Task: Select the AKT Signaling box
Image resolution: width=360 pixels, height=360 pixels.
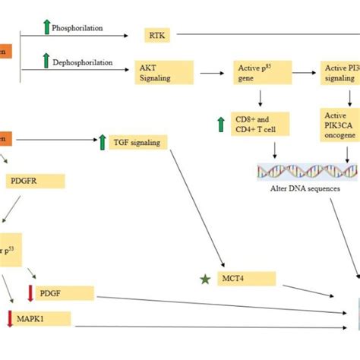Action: (163, 72)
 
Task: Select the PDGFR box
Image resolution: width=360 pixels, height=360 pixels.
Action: (34, 182)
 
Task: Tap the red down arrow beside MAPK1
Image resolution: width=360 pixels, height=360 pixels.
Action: (11, 318)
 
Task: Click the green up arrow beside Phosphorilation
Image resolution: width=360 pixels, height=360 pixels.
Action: (46, 27)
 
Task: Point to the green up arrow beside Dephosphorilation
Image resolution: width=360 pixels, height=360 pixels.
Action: (46, 60)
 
